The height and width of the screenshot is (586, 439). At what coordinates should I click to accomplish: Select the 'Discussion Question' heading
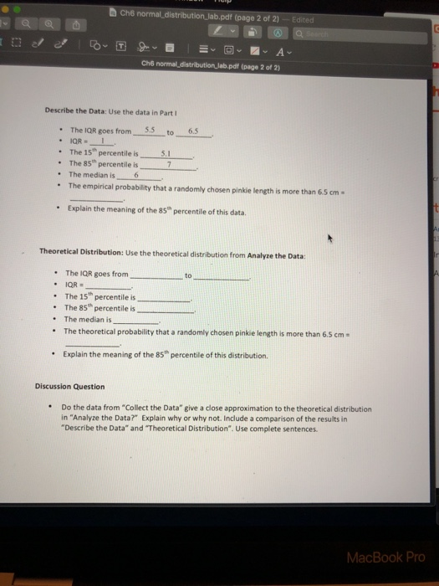coord(70,387)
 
